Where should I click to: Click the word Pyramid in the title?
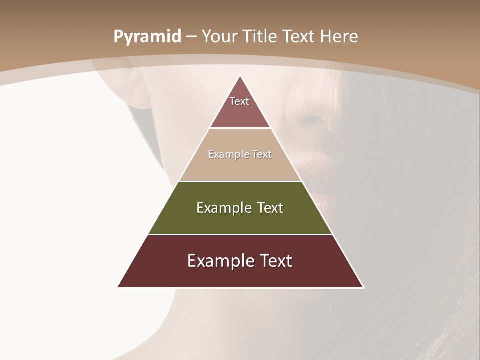(147, 37)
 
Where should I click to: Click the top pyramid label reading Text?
(239, 101)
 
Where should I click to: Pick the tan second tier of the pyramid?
(240, 167)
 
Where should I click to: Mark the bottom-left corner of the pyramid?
(118, 287)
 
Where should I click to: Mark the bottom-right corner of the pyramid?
(363, 287)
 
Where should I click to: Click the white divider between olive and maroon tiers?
(240, 234)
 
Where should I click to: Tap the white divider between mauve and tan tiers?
(240, 128)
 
